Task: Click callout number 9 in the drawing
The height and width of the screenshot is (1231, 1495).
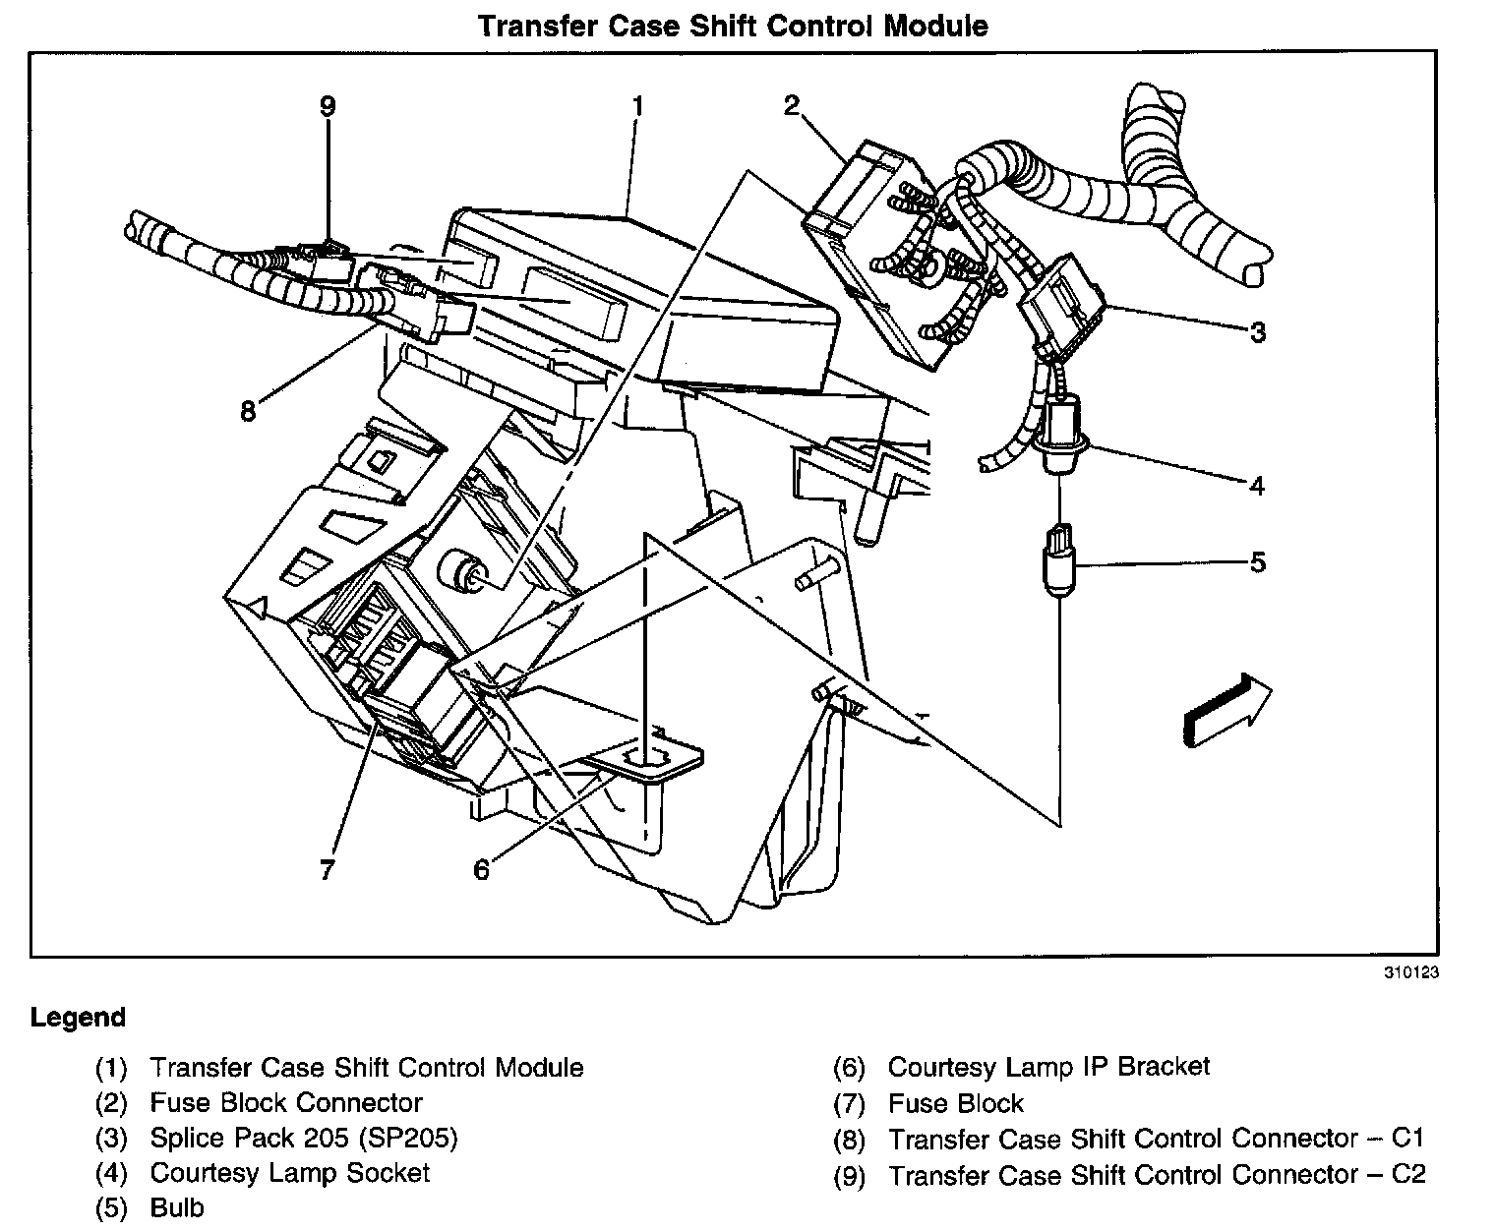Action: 328,106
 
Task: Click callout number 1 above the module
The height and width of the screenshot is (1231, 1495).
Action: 637,106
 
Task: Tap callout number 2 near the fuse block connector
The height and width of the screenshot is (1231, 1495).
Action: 793,106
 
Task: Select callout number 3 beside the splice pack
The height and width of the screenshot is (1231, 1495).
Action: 1258,332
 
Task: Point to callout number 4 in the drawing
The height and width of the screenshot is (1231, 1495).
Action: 1256,485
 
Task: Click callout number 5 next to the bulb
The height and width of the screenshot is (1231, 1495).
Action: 1257,562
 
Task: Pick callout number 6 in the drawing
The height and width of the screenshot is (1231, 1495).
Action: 481,869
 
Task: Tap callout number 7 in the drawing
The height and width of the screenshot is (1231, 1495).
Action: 328,869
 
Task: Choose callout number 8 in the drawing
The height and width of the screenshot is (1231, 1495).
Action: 247,410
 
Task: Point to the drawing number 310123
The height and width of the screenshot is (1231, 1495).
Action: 1411,974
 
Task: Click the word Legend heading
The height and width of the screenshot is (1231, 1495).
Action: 79,1017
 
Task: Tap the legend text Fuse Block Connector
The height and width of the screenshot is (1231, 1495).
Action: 286,1103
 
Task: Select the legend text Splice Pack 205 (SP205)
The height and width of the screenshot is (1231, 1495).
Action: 304,1139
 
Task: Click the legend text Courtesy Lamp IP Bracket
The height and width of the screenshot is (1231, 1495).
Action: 1048,1067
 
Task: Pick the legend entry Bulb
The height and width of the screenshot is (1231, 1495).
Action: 177,1208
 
